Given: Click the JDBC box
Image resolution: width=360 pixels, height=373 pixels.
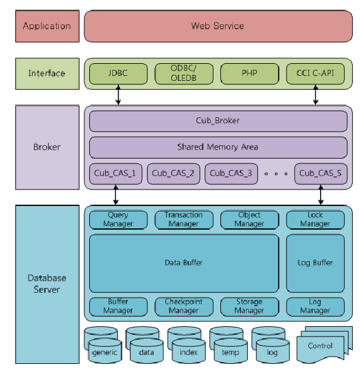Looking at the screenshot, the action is (118, 74).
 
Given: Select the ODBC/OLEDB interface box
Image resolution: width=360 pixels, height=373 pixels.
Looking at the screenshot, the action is (184, 74).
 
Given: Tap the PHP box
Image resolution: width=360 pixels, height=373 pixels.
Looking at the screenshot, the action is (250, 74).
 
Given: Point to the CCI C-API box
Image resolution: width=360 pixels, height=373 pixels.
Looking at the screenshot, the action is (315, 74).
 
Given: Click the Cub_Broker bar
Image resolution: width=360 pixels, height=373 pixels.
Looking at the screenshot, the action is (219, 121).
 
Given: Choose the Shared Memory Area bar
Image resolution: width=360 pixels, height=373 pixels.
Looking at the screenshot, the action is (219, 147).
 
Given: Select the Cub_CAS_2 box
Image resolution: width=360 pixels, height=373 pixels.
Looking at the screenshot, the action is (174, 174).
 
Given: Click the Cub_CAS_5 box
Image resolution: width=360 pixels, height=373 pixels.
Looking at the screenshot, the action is (321, 174).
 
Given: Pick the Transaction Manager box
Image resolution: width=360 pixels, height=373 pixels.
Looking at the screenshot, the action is (184, 220).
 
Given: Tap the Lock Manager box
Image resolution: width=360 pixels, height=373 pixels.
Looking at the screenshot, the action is (315, 220).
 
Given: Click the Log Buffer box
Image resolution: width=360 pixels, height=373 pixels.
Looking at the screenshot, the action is (315, 263).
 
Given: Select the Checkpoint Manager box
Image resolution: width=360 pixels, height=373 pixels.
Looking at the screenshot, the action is (184, 307).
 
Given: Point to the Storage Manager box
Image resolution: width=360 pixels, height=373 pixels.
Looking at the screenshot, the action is (250, 307).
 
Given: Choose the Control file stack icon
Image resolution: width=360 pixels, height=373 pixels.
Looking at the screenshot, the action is (324, 344).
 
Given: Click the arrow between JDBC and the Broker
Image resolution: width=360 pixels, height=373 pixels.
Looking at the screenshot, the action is (118, 95).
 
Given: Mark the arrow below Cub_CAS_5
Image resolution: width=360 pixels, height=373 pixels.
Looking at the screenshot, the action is (321, 195).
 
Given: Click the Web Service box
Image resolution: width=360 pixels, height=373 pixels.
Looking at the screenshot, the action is (219, 26).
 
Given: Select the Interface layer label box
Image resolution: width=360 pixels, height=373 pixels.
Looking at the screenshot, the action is (47, 74).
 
